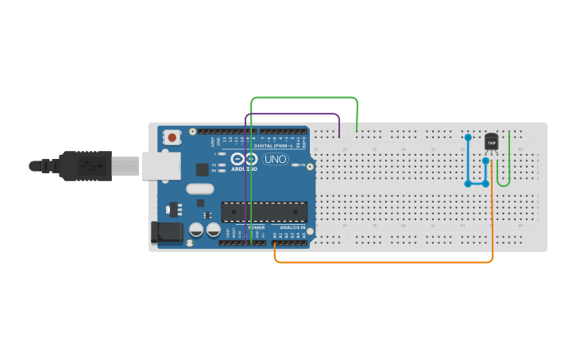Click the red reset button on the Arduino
[x=172, y=137]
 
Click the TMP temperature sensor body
[x=491, y=141]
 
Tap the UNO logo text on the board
[x=276, y=159]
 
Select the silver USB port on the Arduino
[x=161, y=165]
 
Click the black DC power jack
[x=164, y=231]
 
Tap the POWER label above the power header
[x=256, y=228]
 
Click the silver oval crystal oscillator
[x=201, y=189]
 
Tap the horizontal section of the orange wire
[x=381, y=261]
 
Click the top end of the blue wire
[x=467, y=137]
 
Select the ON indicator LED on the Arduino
[x=296, y=165]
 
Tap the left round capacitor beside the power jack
[x=195, y=230]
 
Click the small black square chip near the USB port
[x=202, y=168]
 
